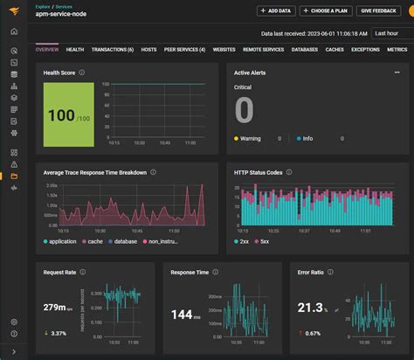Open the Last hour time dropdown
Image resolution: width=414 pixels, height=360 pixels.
tap(390, 33)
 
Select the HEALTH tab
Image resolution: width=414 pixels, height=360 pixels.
tap(75, 50)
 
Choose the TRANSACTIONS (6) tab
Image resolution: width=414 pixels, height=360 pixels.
tap(113, 50)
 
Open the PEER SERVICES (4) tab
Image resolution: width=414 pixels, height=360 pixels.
tap(185, 50)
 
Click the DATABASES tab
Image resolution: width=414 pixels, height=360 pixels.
tap(305, 50)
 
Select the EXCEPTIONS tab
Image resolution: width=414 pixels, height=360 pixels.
tap(365, 50)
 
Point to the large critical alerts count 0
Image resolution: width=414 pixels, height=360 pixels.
tap(244, 111)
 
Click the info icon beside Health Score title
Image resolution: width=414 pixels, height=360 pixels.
tap(81, 73)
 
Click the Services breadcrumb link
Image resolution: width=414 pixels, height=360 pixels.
tap(64, 5)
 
